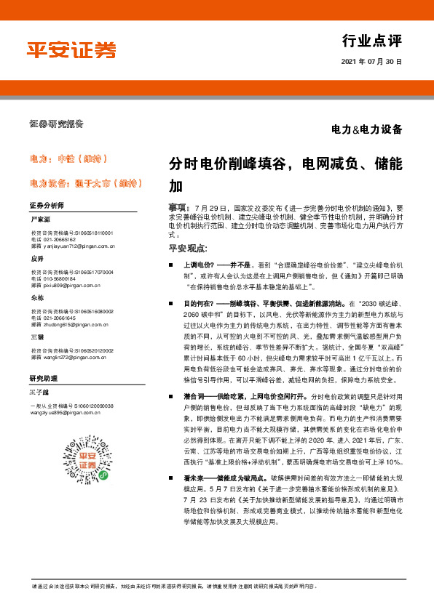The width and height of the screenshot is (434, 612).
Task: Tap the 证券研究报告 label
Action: tap(56, 124)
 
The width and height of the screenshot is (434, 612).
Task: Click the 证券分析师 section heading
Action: tap(47, 206)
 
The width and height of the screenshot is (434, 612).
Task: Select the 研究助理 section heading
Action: tap(44, 378)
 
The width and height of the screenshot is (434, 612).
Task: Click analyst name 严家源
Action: tap(41, 219)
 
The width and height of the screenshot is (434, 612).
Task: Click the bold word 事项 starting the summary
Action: tap(178, 209)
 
